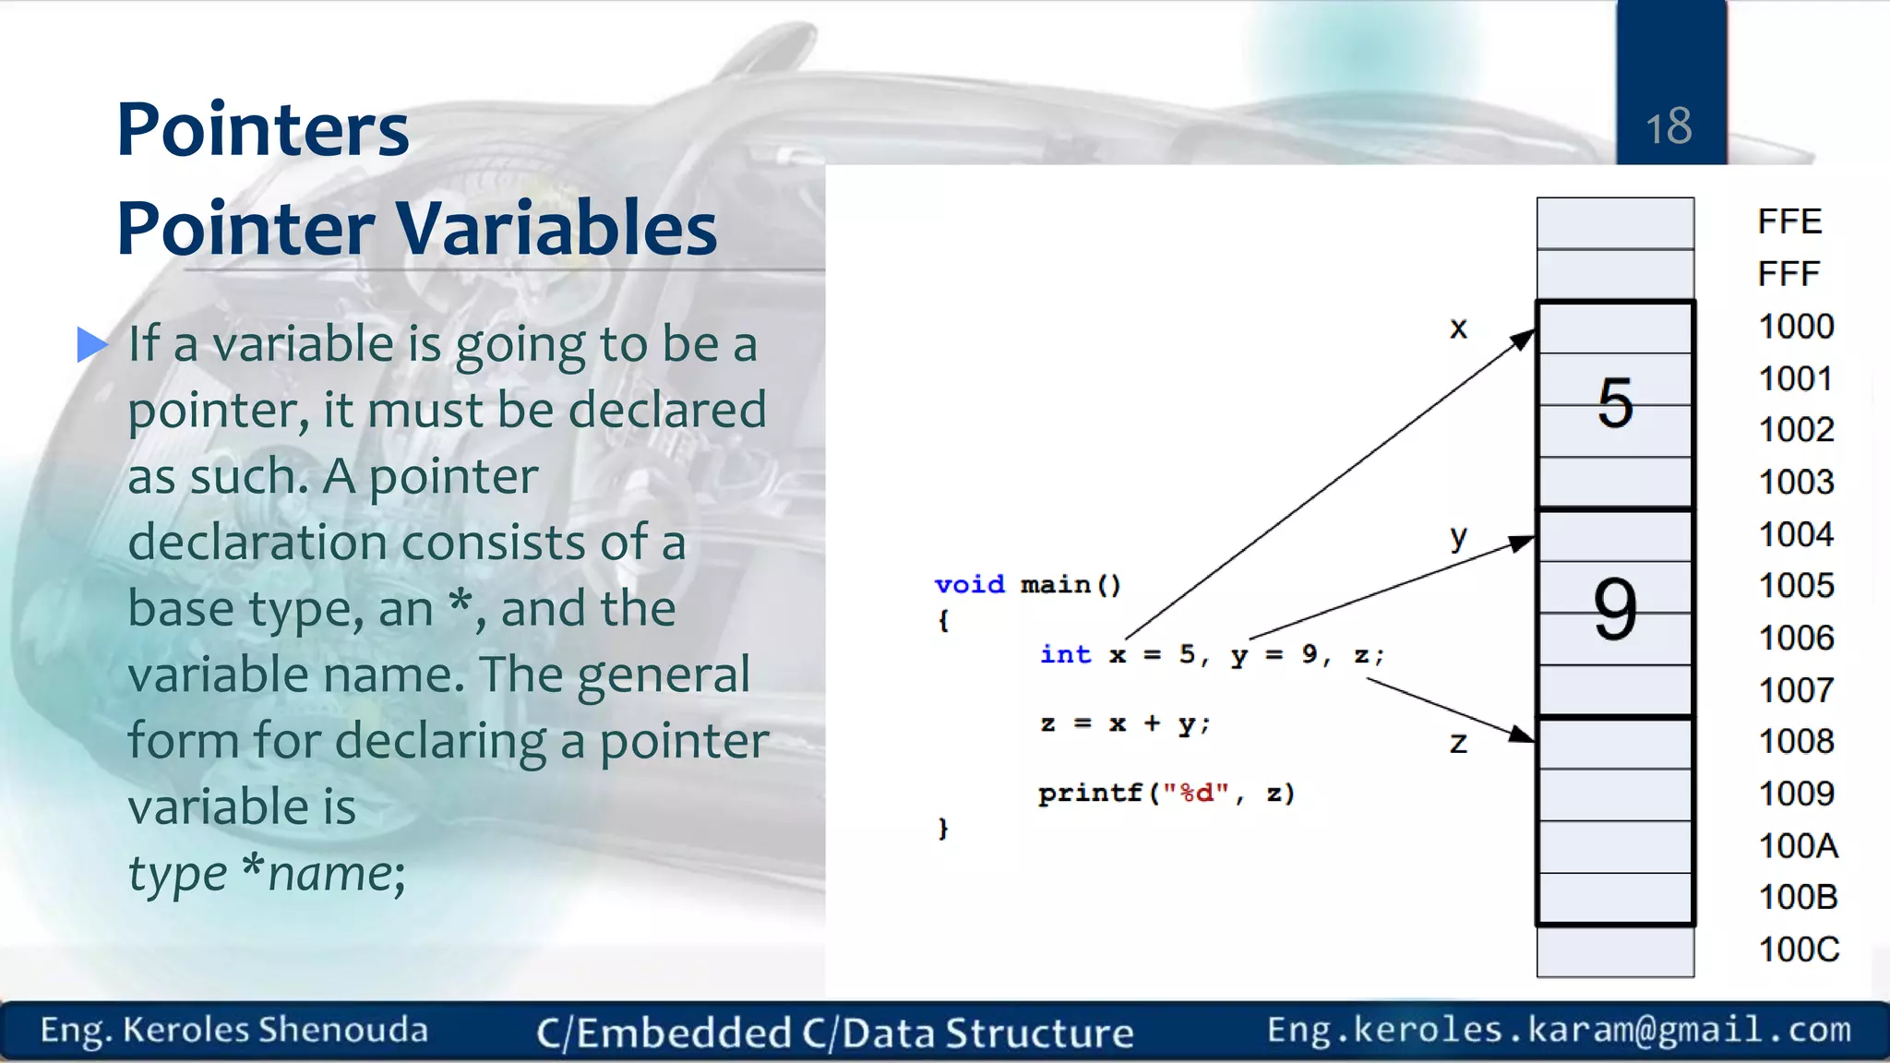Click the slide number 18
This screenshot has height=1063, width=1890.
pyautogui.click(x=1669, y=126)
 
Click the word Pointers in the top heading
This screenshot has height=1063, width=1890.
pyautogui.click(x=263, y=130)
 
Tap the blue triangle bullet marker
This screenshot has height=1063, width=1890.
pyautogui.click(x=91, y=344)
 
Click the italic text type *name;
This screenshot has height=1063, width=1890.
pyautogui.click(x=266, y=873)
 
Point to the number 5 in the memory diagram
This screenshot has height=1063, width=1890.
pyautogui.click(x=1615, y=403)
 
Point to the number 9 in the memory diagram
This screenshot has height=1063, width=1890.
pyautogui.click(x=1615, y=610)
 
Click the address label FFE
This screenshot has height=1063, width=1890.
pyautogui.click(x=1789, y=221)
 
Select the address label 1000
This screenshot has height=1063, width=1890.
pyautogui.click(x=1796, y=327)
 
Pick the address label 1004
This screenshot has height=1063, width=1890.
pyautogui.click(x=1796, y=534)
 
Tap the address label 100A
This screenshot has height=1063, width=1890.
pyautogui.click(x=1798, y=845)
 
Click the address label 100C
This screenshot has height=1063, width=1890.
pyautogui.click(x=1799, y=950)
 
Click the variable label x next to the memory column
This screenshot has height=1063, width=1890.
pyautogui.click(x=1458, y=328)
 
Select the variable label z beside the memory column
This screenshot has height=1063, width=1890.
pyautogui.click(x=1458, y=743)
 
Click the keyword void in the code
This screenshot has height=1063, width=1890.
pyautogui.click(x=969, y=584)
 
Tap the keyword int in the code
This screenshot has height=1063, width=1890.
pyautogui.click(x=1065, y=654)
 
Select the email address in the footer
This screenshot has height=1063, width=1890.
pyautogui.click(x=1559, y=1029)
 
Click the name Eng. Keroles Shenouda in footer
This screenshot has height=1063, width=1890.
pyautogui.click(x=233, y=1030)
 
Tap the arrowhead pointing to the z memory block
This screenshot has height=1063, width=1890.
pyautogui.click(x=1522, y=735)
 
